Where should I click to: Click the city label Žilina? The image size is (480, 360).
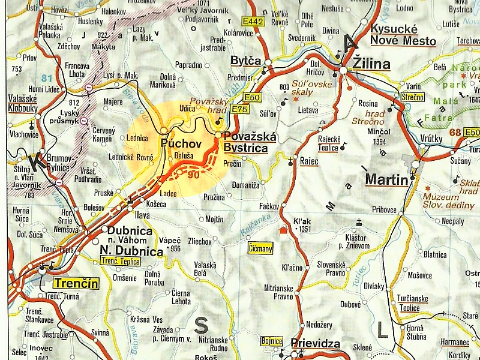pos(371,64)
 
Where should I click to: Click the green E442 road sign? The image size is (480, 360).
pos(254,21)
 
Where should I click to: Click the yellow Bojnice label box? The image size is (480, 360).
pos(272,341)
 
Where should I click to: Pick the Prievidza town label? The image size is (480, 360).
pos(315,344)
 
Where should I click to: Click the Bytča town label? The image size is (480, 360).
pos(247,61)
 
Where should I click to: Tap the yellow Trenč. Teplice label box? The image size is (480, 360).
pos(119,261)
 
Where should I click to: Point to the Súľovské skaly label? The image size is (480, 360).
pos(312,89)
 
